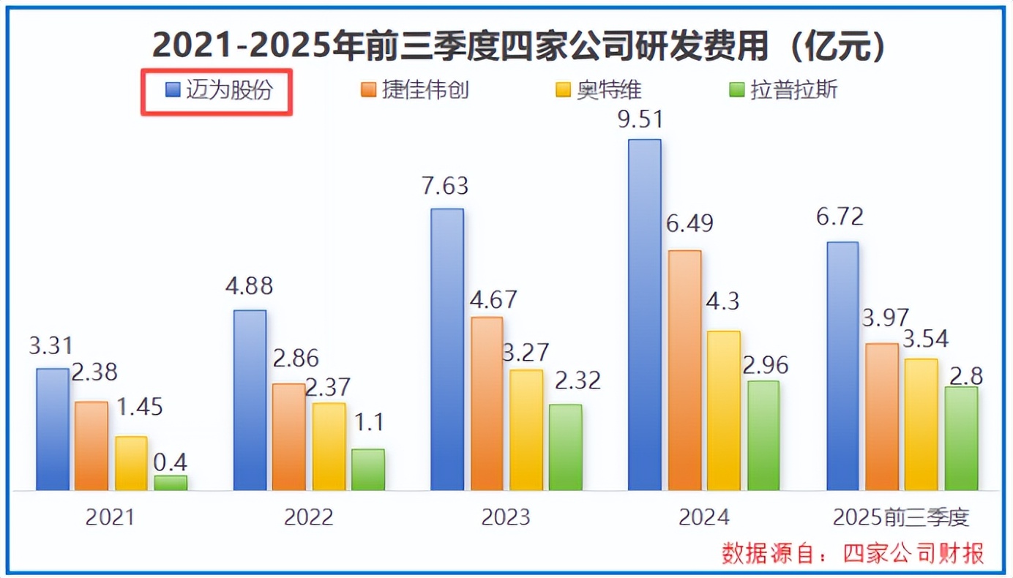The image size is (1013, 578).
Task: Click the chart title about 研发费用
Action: click(x=519, y=46)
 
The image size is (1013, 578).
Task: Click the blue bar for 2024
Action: click(x=645, y=315)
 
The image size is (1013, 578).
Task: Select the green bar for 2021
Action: click(x=171, y=483)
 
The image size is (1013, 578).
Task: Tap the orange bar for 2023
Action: click(x=487, y=403)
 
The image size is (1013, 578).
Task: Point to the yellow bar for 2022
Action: click(x=329, y=446)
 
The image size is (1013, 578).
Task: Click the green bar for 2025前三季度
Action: click(x=961, y=438)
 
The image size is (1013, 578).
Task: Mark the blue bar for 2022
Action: click(x=250, y=400)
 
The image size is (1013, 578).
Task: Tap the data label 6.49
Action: click(x=689, y=224)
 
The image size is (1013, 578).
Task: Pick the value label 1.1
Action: click(x=368, y=423)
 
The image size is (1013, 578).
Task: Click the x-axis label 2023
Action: click(x=506, y=518)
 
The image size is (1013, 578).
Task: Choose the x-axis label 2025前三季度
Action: click(x=901, y=518)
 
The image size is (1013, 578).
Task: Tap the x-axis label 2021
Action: click(x=111, y=518)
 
